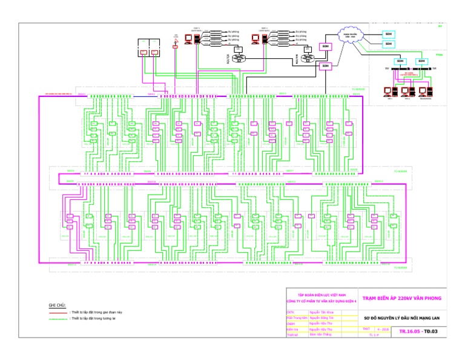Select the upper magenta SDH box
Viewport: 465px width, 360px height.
point(325,46)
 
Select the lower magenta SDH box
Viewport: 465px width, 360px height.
point(325,65)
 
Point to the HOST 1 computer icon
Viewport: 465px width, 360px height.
point(188,39)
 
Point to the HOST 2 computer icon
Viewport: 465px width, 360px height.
point(256,39)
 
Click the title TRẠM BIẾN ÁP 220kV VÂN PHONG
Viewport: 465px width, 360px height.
point(402,298)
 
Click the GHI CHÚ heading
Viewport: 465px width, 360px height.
point(57,305)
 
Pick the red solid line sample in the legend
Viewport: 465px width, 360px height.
point(59,312)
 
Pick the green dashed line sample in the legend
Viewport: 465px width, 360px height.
point(59,318)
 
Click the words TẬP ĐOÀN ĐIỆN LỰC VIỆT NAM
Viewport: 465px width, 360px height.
point(320,294)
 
